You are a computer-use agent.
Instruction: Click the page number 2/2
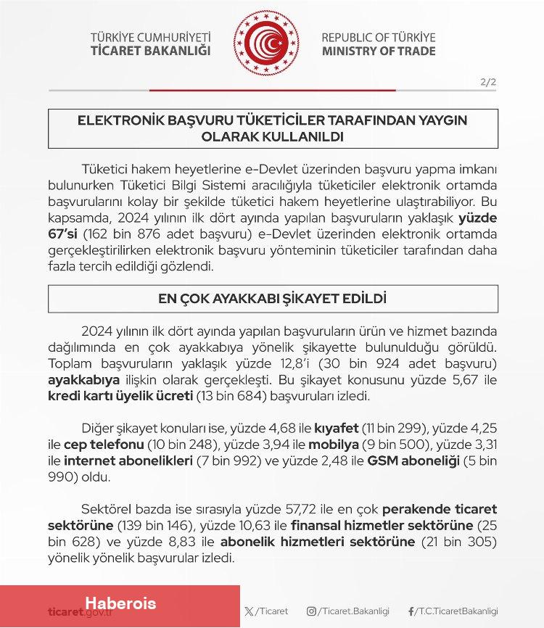(x=489, y=83)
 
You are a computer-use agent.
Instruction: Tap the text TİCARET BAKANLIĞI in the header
(x=150, y=51)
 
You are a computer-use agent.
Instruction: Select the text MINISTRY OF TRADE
(x=379, y=51)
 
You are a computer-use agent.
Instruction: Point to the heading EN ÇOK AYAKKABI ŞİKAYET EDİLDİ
(x=273, y=299)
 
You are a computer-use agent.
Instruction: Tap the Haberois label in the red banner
(x=120, y=603)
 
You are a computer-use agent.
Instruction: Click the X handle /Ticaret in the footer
(x=267, y=611)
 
